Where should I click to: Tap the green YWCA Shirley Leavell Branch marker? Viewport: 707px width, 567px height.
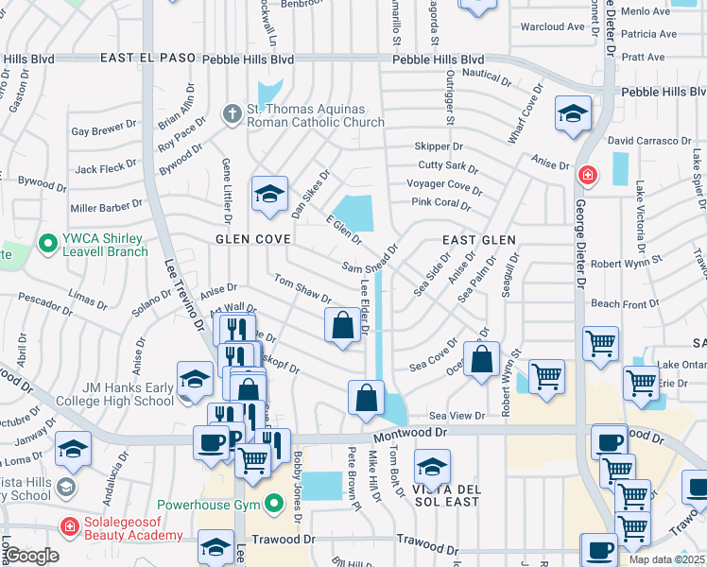point(47,244)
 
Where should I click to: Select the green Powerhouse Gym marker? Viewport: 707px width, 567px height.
point(274,503)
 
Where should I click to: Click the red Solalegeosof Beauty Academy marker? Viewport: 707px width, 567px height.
point(68,526)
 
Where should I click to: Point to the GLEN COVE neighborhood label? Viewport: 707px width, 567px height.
point(252,239)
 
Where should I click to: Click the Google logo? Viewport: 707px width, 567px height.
point(31,555)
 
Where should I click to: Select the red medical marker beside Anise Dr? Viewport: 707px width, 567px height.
point(587,175)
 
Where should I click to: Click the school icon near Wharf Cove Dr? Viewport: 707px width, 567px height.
point(573,115)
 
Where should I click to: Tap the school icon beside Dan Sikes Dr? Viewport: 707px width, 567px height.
point(269,195)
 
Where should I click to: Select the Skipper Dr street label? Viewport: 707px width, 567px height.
point(439,146)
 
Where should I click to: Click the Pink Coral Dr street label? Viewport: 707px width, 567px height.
point(440,203)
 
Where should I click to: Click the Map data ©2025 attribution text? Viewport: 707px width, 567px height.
point(665,559)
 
